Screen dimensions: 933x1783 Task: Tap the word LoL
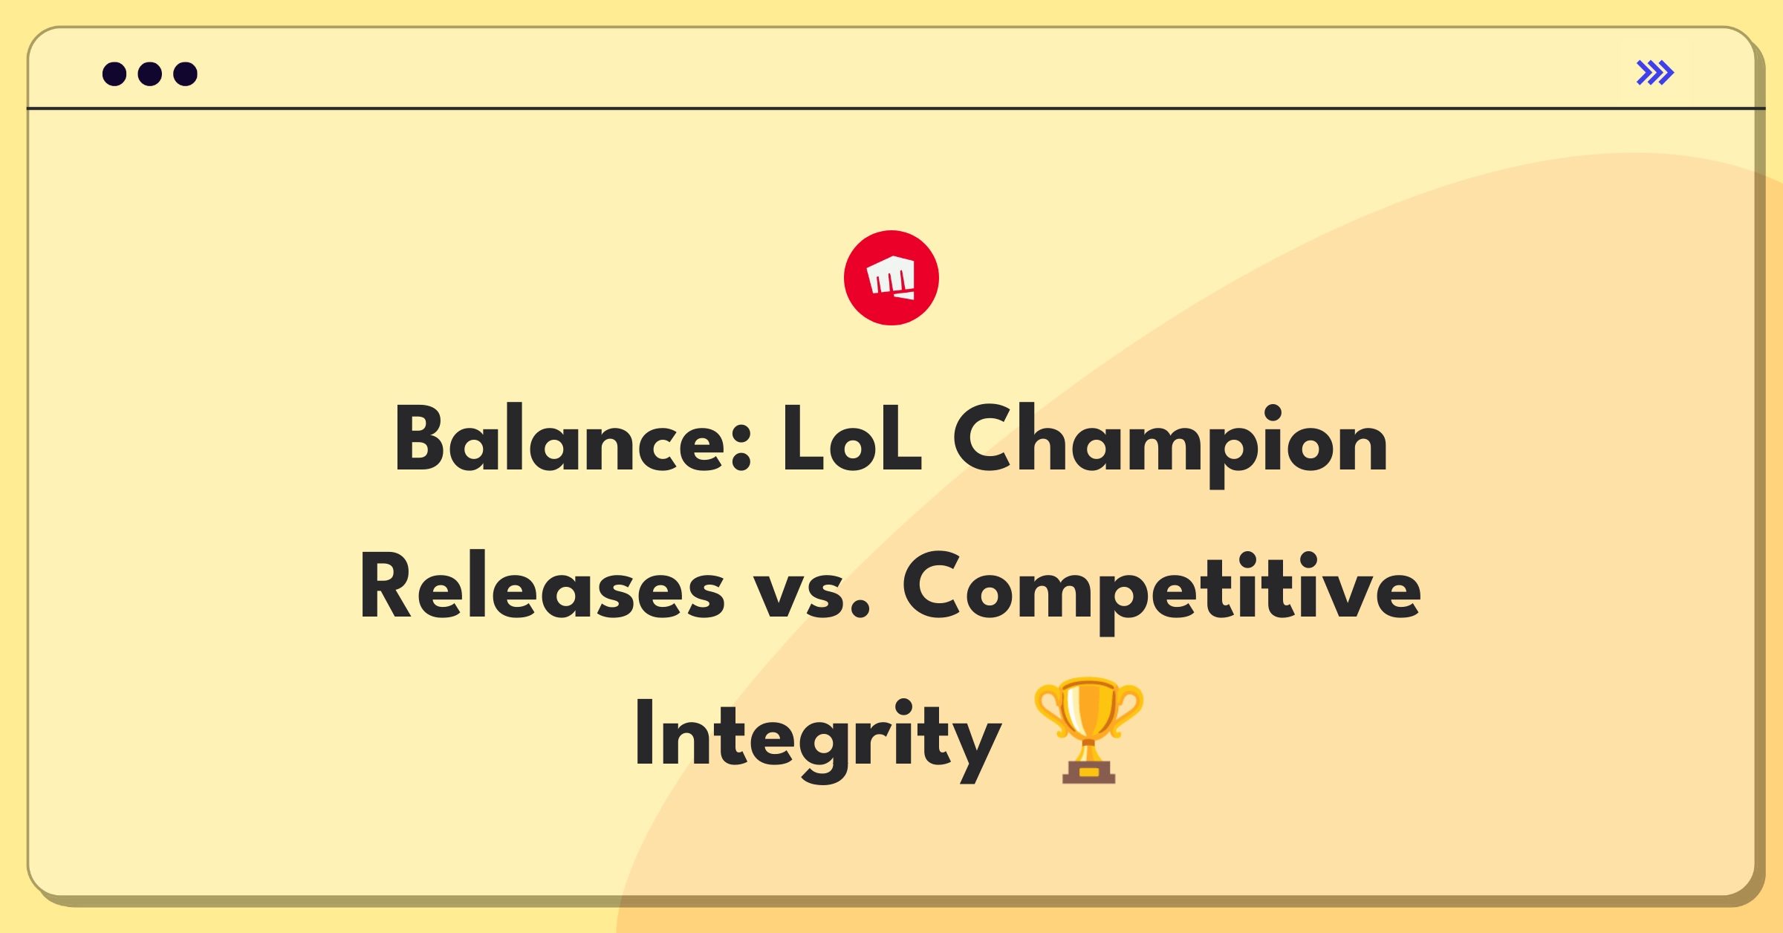(851, 440)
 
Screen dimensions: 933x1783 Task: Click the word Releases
(542, 587)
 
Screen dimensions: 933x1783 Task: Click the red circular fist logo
(891, 278)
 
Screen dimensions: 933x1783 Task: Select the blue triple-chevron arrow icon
(1654, 73)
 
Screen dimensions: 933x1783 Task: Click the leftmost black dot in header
(114, 74)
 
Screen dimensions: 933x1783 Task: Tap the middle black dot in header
(150, 74)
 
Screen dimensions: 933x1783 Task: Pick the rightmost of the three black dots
(185, 74)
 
